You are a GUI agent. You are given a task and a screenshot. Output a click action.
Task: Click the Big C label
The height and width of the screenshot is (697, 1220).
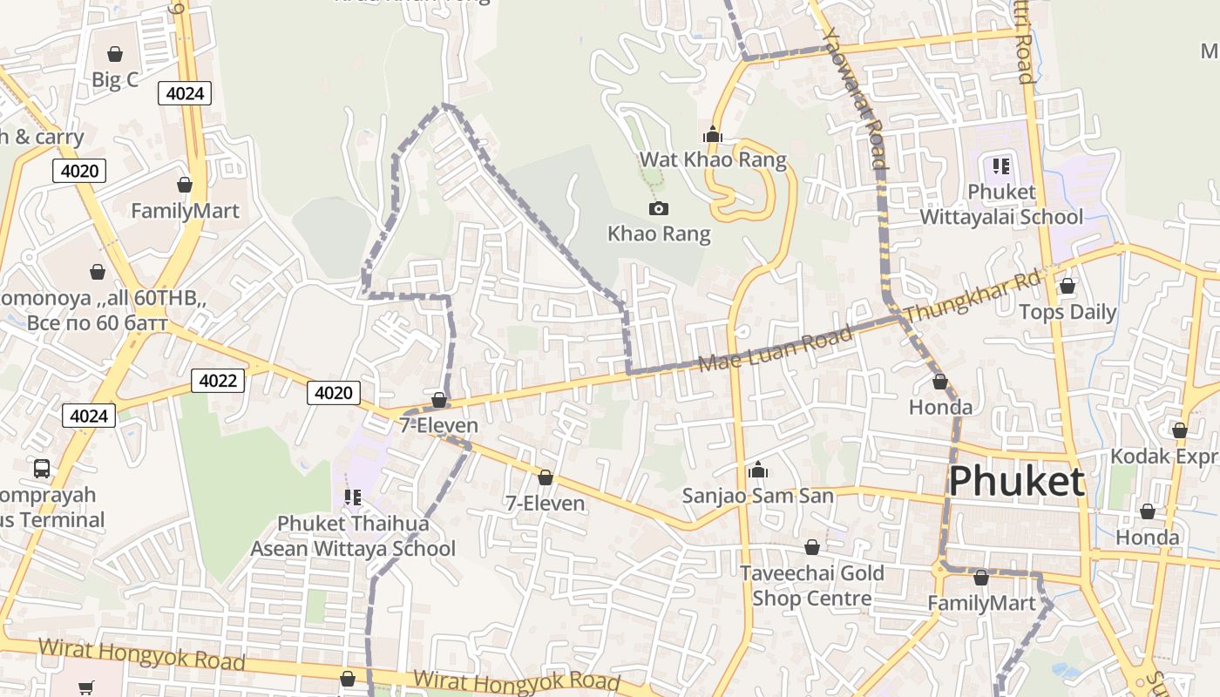[x=115, y=80]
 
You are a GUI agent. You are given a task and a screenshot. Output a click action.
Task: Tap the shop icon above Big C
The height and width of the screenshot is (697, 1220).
[x=114, y=54]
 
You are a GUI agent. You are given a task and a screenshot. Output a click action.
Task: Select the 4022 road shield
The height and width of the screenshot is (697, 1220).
[x=218, y=381]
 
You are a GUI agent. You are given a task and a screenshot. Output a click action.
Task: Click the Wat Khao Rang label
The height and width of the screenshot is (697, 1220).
[x=713, y=159]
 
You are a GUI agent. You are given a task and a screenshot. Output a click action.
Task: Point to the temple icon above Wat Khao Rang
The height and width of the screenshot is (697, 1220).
[x=713, y=134]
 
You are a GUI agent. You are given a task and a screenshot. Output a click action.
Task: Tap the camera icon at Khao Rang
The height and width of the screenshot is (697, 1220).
[x=659, y=208]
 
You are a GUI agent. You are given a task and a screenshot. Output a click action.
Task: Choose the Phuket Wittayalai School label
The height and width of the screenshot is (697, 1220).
[x=1001, y=204]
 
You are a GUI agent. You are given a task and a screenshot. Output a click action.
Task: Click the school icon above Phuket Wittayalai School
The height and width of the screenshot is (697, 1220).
[x=1001, y=166]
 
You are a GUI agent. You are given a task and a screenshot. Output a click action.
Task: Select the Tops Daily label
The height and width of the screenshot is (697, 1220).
[x=1067, y=312]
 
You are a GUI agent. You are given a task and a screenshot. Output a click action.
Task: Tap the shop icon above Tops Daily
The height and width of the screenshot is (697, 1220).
[x=1067, y=286]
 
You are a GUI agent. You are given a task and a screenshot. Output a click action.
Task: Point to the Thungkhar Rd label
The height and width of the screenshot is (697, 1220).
[x=973, y=297]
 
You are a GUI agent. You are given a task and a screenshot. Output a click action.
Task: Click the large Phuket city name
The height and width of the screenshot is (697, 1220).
[x=1016, y=481]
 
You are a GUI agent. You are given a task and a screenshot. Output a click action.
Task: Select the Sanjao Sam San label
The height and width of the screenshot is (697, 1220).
[x=758, y=496]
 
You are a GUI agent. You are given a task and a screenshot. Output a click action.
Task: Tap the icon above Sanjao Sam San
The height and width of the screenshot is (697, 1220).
[x=758, y=470]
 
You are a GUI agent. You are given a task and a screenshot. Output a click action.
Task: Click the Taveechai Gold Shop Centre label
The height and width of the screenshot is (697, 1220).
[x=812, y=585]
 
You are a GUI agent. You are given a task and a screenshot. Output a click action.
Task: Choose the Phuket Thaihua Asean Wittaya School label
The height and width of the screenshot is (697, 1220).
[x=353, y=536]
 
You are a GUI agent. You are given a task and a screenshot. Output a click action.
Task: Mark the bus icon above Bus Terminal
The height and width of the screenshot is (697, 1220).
[x=41, y=468]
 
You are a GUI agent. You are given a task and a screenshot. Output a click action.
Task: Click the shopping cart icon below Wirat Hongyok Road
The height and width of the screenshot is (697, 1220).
[x=85, y=688]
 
